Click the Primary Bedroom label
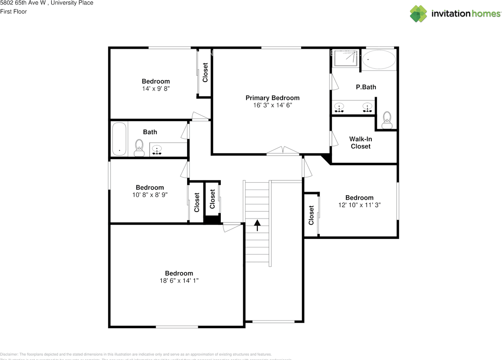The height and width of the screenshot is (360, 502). click(x=272, y=98)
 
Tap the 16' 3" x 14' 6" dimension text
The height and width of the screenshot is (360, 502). click(x=272, y=105)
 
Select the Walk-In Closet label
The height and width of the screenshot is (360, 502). click(x=360, y=143)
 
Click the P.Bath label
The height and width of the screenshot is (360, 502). click(x=366, y=87)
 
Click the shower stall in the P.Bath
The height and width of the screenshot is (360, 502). click(x=346, y=58)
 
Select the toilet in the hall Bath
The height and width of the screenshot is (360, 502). click(x=139, y=148)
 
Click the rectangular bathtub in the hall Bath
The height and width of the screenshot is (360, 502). click(x=119, y=139)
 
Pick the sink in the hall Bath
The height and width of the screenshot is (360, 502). click(x=157, y=149)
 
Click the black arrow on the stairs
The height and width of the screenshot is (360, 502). click(x=257, y=225)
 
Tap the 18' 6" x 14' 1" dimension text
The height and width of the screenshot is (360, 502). click(x=179, y=281)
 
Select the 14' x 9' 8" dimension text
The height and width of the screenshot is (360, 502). click(x=156, y=89)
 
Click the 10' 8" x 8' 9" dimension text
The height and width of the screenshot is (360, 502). click(x=150, y=195)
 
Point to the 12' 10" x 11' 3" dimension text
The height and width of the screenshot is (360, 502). click(x=359, y=205)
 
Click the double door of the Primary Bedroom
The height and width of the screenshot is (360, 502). click(x=283, y=151)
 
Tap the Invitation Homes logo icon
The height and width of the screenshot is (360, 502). click(x=418, y=14)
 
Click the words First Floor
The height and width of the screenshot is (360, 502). click(x=14, y=11)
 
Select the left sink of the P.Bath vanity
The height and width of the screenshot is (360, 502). click(x=339, y=107)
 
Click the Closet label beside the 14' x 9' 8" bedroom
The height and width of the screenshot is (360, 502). click(x=205, y=73)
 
